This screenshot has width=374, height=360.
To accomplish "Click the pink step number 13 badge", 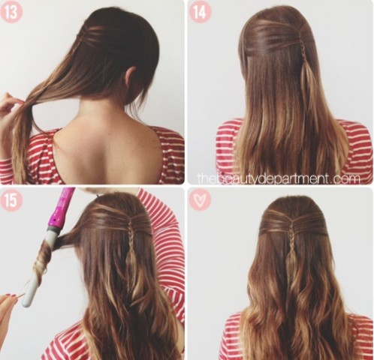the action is tap(11, 11).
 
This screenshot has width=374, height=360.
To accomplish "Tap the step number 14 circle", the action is tap(200, 11).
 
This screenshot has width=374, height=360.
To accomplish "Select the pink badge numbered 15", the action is tap(11, 200).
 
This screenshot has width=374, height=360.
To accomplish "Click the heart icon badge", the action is tap(200, 200).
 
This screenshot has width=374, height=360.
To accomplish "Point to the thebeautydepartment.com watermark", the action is tap(279, 178).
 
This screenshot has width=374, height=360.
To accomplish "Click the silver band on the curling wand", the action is tap(53, 229).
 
